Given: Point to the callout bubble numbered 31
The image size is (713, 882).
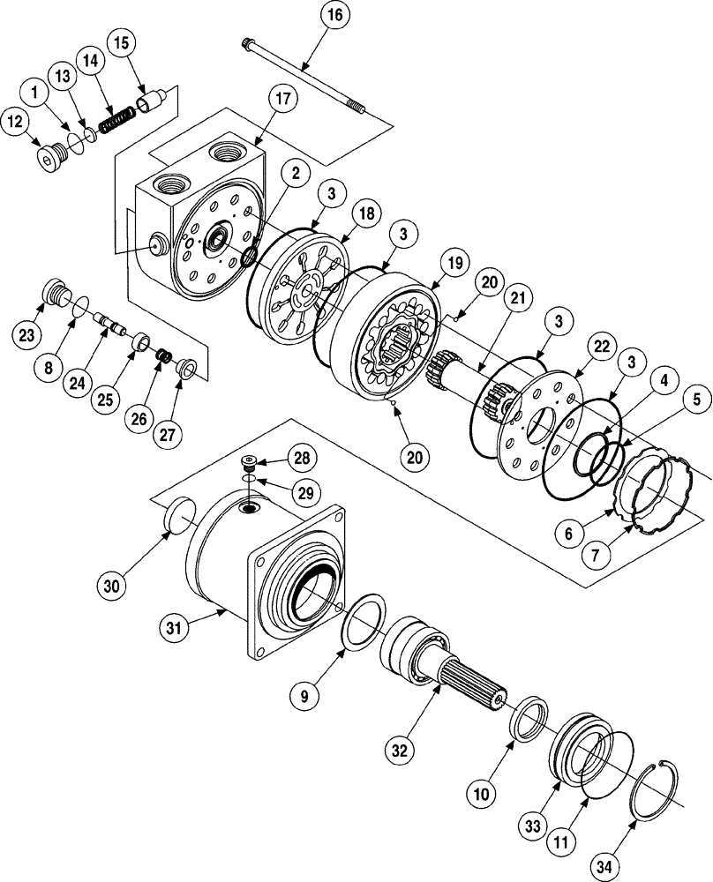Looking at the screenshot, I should [x=176, y=627].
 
